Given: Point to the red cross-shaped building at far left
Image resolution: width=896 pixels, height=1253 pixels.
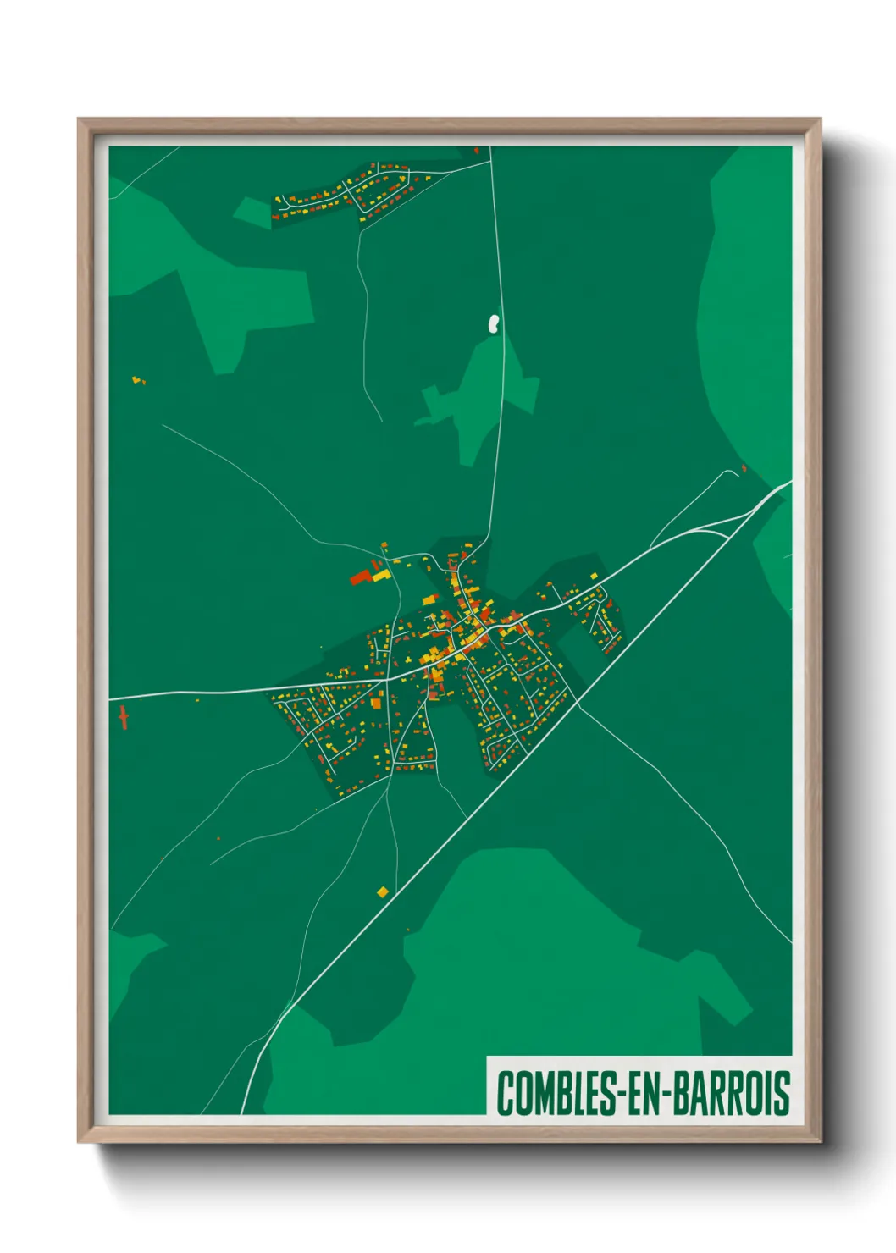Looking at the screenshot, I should point(124,716).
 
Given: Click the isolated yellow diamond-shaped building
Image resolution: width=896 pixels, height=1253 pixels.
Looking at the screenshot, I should point(383,891).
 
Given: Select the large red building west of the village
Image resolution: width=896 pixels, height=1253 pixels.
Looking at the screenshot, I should point(361,577).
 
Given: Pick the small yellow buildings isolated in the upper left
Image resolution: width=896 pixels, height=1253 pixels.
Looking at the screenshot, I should point(137,380).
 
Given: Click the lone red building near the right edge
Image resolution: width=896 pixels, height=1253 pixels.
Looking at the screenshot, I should point(744,467).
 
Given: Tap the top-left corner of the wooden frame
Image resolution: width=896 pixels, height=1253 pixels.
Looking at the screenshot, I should point(79,119).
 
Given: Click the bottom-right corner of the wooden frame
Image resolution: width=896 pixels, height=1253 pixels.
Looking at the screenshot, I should point(820,1141).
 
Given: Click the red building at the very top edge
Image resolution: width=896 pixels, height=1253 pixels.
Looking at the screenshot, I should point(477,151).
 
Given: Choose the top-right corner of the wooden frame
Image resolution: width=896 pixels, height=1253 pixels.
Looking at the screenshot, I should point(820,119).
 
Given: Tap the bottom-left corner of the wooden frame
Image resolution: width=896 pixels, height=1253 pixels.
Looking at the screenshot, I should point(79,1141).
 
